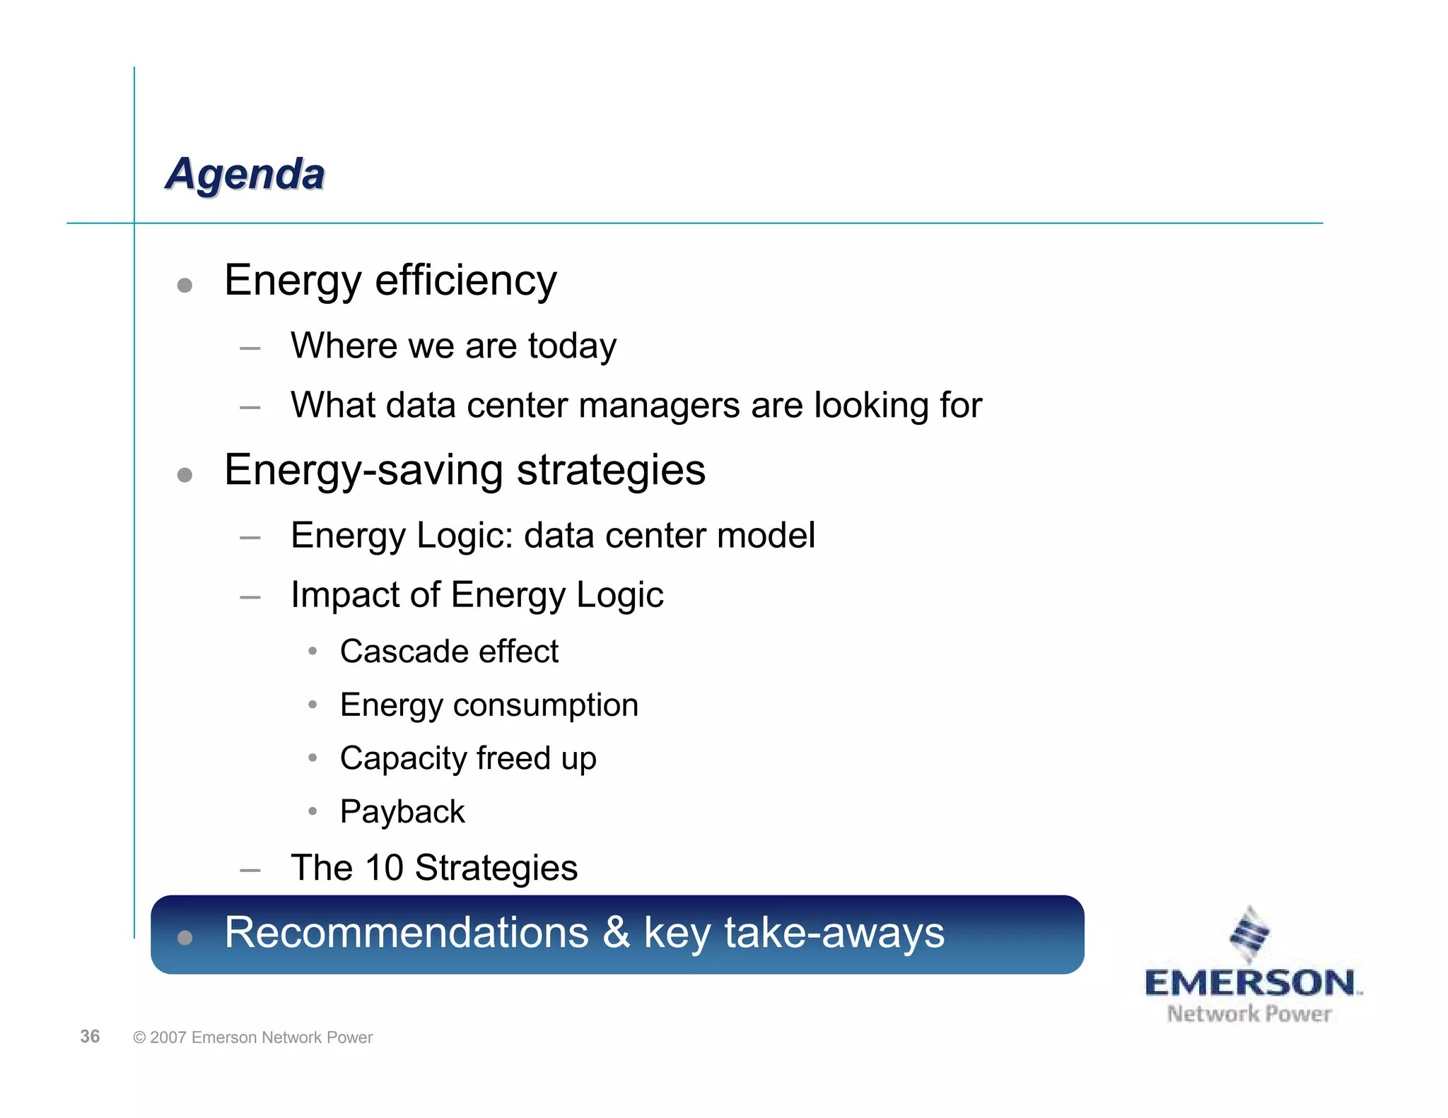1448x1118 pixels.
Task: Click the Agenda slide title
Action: pos(245,174)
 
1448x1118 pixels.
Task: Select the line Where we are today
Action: pos(453,346)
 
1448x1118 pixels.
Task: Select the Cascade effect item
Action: pos(448,652)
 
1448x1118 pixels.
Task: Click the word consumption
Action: pos(545,705)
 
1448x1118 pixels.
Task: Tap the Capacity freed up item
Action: pos(467,758)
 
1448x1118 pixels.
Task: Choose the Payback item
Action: pos(402,811)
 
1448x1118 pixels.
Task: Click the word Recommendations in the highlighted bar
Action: pos(406,933)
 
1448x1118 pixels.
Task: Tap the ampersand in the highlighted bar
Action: pos(616,933)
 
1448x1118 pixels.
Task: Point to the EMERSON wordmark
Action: pos(1250,983)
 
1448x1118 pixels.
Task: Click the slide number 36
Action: pos(90,1037)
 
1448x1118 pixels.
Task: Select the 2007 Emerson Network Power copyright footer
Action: pos(252,1037)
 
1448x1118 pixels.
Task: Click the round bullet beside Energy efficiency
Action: pos(185,286)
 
